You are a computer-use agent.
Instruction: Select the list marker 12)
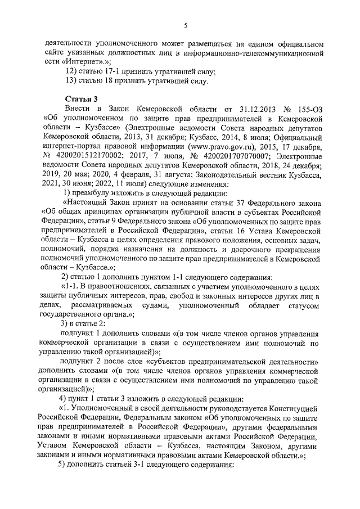point(71,71)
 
